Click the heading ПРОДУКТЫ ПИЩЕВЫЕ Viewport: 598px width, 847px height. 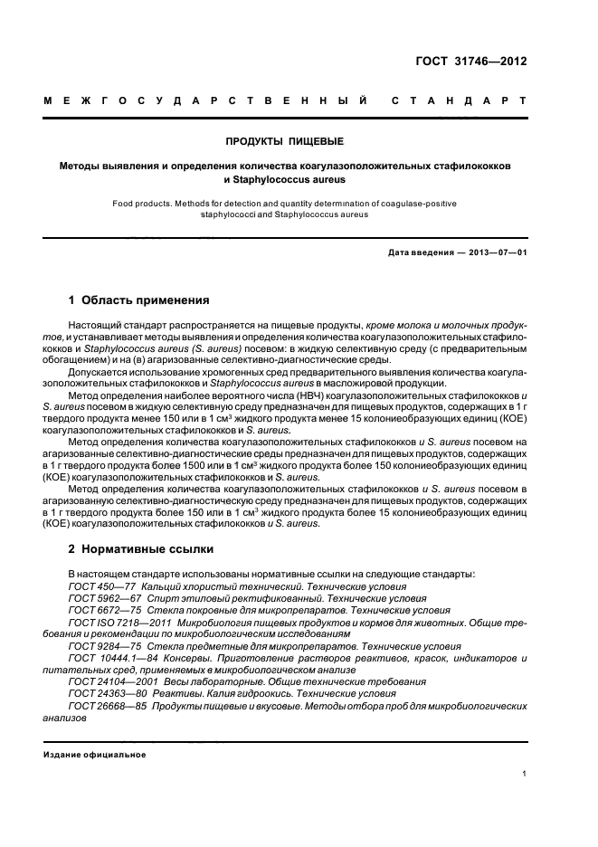[286, 141]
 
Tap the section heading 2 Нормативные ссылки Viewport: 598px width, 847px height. [140, 547]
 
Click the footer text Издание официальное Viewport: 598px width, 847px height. [94, 754]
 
